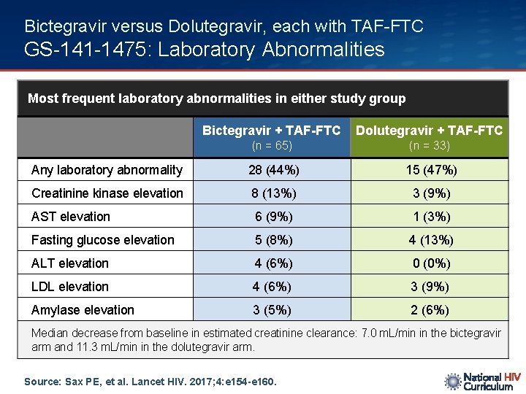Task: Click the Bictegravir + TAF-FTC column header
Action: (271, 131)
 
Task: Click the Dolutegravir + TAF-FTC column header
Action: (429, 131)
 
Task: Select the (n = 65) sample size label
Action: (272, 146)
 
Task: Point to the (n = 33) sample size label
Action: (430, 146)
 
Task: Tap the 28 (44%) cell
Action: (272, 170)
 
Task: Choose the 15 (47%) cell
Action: (431, 170)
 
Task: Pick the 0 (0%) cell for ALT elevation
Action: (431, 263)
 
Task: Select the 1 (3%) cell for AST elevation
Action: (431, 217)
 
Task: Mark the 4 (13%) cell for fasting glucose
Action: (431, 240)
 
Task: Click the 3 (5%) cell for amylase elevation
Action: (272, 310)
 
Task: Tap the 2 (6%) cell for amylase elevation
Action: (430, 310)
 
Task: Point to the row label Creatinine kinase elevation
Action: (107, 193)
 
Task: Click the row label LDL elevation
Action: (70, 287)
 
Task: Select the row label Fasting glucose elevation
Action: (103, 240)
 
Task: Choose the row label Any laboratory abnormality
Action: (107, 170)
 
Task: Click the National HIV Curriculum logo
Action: (483, 382)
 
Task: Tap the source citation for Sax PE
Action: (150, 381)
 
